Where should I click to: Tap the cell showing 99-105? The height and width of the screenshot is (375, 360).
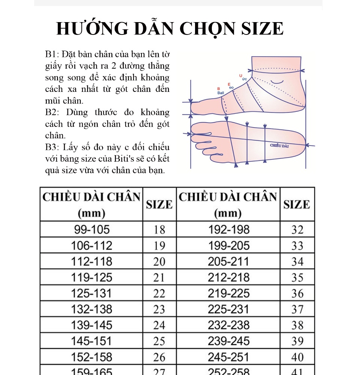coord(91,229)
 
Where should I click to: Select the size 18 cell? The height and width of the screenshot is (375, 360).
coord(159,229)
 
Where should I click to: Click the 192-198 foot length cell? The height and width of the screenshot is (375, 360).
coord(228,229)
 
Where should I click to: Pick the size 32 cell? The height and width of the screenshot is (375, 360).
coord(297,229)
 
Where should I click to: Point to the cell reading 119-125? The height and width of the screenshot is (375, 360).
coord(91,277)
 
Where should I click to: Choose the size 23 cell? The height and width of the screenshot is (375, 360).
coord(159,309)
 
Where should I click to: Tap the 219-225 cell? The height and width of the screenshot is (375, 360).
coord(228,293)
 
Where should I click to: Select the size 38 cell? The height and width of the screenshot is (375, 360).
coord(297,325)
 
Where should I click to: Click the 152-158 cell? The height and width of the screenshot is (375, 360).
coord(91,357)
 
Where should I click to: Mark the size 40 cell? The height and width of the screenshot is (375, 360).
coord(297,357)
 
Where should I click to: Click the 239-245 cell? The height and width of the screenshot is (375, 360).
coord(228,341)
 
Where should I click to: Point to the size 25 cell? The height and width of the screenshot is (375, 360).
coord(159,341)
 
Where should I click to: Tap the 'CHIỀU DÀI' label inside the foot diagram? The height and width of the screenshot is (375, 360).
coord(280,145)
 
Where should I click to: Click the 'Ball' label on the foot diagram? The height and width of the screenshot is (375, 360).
coord(220,92)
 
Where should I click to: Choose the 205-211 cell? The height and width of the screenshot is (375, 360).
coord(228,261)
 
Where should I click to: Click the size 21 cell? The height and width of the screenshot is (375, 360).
coord(159,277)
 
